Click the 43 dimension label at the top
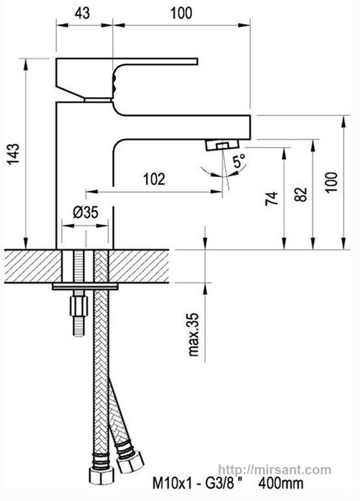click(82, 13)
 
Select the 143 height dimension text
click(14, 154)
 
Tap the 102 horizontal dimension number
click(155, 179)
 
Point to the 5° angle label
click(239, 160)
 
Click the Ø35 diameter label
click(85, 212)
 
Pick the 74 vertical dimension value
click(272, 198)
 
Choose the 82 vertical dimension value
click(301, 194)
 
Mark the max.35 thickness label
click(194, 334)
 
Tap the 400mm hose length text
click(281, 483)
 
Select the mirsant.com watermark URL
click(275, 470)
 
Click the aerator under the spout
click(222, 145)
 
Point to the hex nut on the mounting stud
click(78, 306)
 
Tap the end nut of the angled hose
click(130, 462)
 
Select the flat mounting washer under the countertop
click(85, 286)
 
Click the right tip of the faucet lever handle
click(198, 61)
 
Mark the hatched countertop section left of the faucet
click(33, 266)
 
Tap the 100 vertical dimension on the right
click(331, 182)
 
